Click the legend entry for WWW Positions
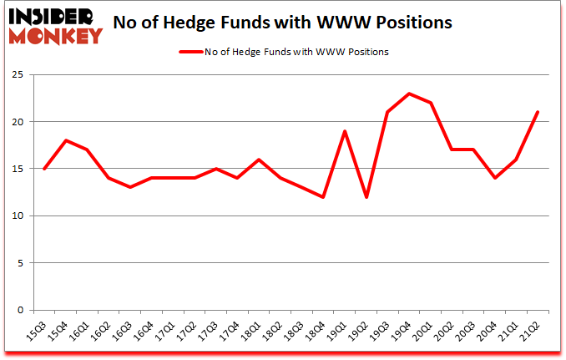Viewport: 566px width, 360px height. (284, 51)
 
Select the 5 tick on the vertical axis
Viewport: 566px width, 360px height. (18, 263)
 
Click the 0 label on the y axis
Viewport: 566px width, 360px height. (18, 310)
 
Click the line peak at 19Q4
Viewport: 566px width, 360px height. (409, 94)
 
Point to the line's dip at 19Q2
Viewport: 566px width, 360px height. (366, 197)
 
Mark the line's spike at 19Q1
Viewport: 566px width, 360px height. (344, 131)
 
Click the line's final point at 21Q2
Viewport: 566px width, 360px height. (538, 113)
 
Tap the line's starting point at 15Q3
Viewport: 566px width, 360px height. (43, 169)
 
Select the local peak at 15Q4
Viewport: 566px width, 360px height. (65, 140)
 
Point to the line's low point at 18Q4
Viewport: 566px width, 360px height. (322, 197)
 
